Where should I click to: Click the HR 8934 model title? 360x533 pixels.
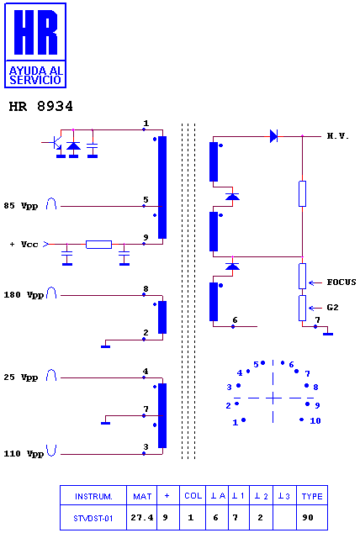click(40, 107)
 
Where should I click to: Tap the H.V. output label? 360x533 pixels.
click(338, 136)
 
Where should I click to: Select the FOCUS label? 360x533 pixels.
click(341, 282)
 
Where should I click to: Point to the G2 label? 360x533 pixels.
click(332, 308)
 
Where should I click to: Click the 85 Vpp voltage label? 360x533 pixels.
click(21, 206)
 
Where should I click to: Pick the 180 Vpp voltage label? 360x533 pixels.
click(24, 295)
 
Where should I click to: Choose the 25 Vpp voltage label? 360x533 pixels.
click(21, 377)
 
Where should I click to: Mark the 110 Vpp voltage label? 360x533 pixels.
click(24, 454)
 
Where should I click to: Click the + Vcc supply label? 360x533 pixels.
click(24, 244)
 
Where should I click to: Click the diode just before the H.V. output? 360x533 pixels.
click(273, 136)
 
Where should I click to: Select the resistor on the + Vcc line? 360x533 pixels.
click(98, 245)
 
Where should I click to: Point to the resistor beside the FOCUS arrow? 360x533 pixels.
click(302, 276)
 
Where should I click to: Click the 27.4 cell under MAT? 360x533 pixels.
click(142, 518)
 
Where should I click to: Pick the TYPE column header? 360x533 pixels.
click(312, 496)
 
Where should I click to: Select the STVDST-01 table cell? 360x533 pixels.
click(93, 519)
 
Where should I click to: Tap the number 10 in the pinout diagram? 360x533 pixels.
click(315, 421)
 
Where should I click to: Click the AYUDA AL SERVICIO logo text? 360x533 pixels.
click(35, 75)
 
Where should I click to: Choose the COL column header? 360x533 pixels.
click(193, 496)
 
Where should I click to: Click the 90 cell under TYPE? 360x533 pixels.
click(308, 518)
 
